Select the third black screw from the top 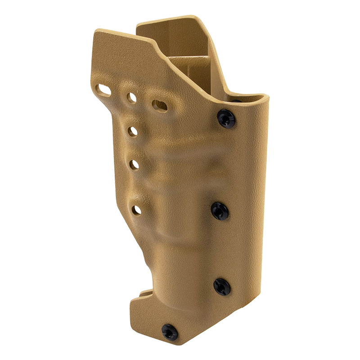pos(222,286)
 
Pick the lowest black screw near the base pos(170,332)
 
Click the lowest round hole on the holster pos(136,209)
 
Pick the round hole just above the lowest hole pos(135,165)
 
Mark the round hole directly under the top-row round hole pos(133,131)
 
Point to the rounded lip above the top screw pos(252,96)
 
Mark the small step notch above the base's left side pos(144,294)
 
